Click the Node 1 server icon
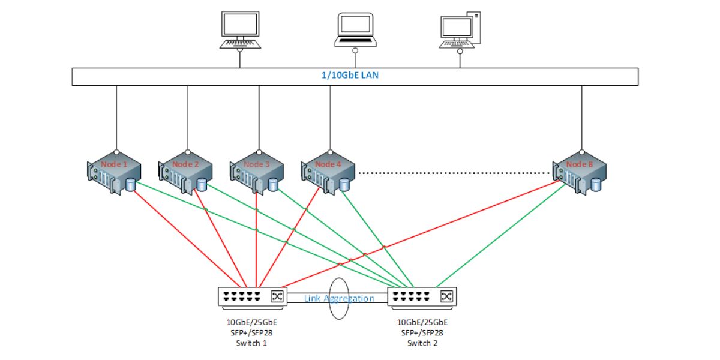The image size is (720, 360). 114,173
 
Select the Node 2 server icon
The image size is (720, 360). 185,173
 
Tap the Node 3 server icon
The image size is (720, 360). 257,173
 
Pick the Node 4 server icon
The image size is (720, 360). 328,173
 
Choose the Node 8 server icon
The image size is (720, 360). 580,173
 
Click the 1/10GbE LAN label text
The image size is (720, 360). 350,75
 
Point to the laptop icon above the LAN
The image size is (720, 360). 355,30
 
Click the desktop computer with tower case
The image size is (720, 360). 460,30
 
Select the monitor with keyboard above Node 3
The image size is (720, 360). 241,30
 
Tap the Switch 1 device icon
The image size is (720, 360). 253,298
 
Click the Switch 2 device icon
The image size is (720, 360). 422,298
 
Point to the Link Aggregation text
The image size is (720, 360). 339,299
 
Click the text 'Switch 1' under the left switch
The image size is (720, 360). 251,343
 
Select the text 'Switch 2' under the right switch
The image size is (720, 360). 422,343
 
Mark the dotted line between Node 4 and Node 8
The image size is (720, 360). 454,173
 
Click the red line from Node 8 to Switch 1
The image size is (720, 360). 421,233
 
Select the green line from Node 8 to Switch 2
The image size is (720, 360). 501,235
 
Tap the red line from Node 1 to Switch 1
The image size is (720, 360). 187,239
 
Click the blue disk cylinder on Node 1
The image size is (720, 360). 131,185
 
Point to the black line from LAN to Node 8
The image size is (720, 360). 582,118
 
